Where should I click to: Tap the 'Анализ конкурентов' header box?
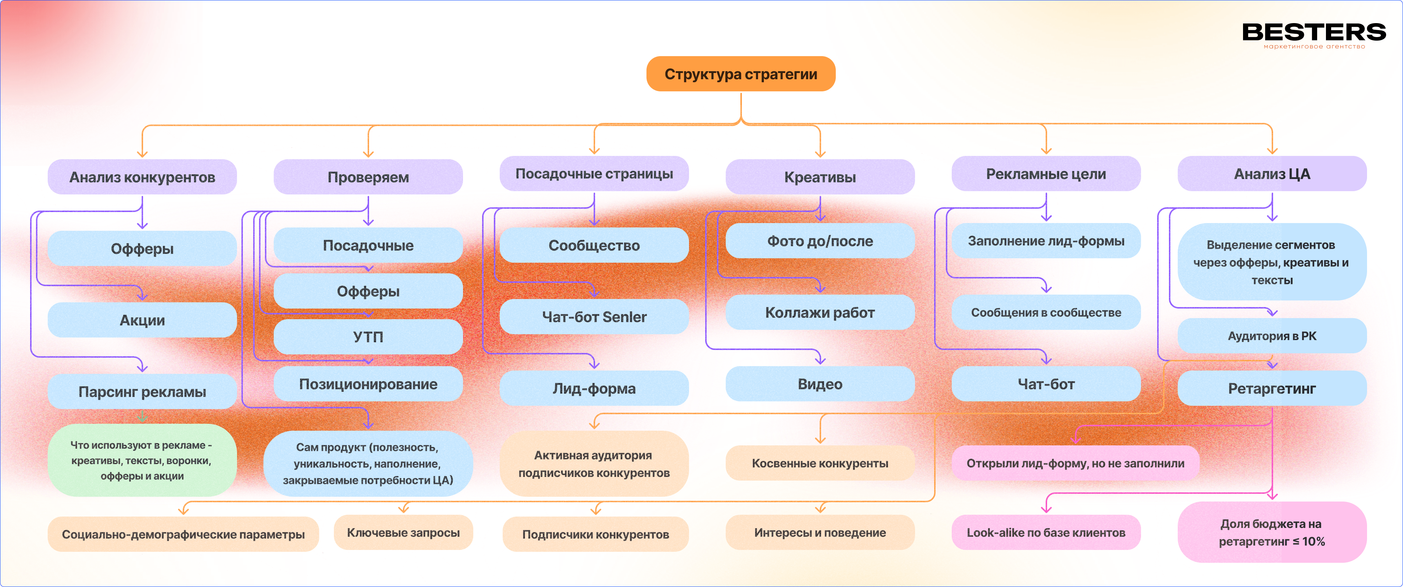[x=142, y=177]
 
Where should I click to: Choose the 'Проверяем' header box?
[x=368, y=177]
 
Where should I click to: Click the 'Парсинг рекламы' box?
[x=142, y=391]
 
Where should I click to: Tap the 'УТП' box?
[x=368, y=336]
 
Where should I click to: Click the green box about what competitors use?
[x=142, y=460]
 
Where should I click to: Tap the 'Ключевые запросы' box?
[x=403, y=533]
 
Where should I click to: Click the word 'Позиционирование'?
[x=368, y=384]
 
